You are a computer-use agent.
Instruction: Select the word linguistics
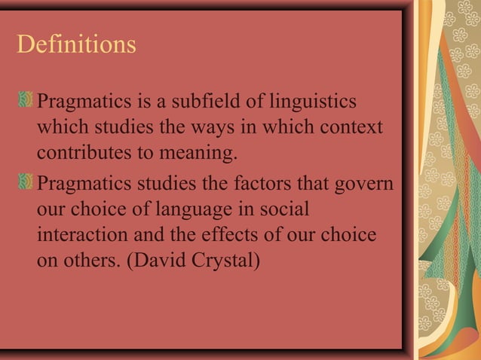tap(315, 102)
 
